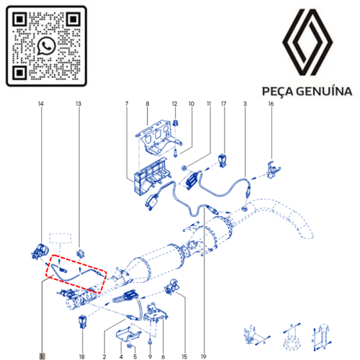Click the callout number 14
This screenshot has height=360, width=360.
coord(40,104)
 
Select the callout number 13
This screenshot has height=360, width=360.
coord(78,104)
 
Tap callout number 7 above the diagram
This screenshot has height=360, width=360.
coord(127,104)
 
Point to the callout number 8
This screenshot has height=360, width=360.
coord(148,104)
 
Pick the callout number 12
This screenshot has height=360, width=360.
coord(174,104)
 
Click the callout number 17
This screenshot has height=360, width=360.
coord(223,104)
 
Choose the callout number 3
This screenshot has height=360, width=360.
coord(246,104)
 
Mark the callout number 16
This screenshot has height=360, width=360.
coord(271,104)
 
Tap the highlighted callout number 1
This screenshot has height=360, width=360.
coord(42,356)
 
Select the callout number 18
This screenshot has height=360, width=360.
coord(82,356)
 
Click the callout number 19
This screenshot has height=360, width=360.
coord(204,356)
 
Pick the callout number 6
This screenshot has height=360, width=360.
coord(163,356)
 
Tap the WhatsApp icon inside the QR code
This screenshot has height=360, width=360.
coord(47,46)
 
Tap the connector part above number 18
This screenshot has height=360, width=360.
coord(82,321)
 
